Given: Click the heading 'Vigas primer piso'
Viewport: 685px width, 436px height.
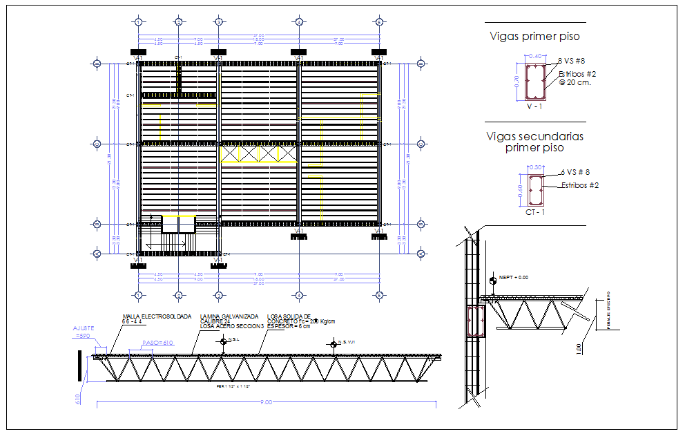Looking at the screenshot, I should pyautogui.click(x=534, y=37).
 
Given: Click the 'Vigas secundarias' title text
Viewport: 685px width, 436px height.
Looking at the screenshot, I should pyautogui.click(x=534, y=137).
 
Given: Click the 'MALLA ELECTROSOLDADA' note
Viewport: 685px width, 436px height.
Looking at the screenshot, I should pyautogui.click(x=157, y=316).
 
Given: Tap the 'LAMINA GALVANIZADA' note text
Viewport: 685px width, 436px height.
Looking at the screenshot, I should pyautogui.click(x=225, y=316).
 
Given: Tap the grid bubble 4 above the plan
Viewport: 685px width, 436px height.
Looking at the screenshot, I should pyautogui.click(x=298, y=22).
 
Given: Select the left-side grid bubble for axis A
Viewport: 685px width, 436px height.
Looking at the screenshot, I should pyautogui.click(x=97, y=254).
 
